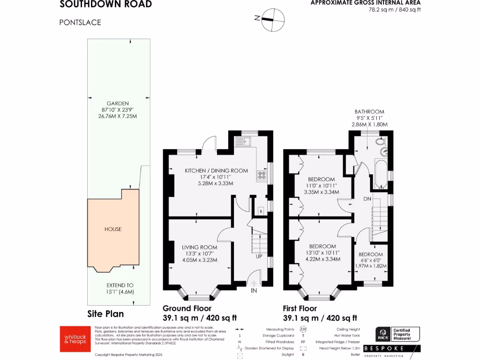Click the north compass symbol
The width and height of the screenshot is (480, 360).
(273, 19)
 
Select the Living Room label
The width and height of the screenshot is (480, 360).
(200, 247)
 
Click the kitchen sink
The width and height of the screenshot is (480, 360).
(244, 141)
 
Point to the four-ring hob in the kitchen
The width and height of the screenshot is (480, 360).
(262, 176)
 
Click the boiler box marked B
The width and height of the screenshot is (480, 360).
(261, 212)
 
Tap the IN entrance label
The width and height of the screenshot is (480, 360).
(254, 291)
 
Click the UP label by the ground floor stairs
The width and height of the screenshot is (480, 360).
(259, 256)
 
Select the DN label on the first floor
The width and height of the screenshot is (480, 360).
(367, 199)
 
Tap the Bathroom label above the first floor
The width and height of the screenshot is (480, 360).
(369, 112)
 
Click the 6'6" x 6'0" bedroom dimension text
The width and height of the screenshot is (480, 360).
(370, 260)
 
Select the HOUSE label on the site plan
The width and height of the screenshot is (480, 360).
(113, 229)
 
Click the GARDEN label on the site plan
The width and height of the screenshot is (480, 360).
(117, 103)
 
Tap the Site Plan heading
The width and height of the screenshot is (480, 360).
(106, 314)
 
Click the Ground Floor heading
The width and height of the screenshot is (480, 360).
(187, 308)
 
